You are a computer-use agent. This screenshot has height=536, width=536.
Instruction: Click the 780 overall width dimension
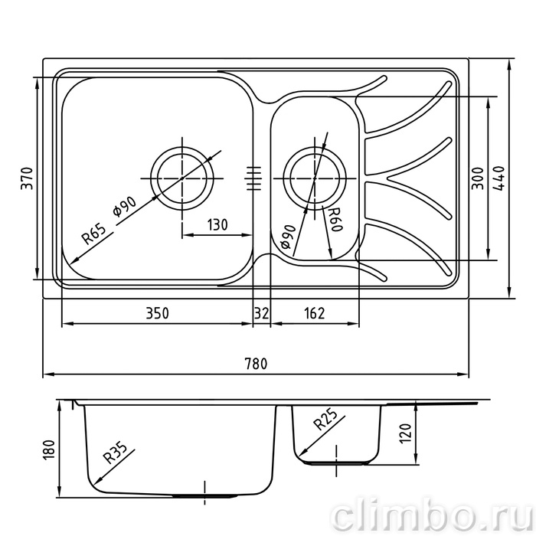[x=256, y=364]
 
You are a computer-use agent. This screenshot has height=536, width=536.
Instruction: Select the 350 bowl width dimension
[x=157, y=313]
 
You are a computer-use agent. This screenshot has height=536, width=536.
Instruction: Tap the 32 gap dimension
[x=262, y=313]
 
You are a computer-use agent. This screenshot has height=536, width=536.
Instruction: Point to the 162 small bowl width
[x=314, y=313]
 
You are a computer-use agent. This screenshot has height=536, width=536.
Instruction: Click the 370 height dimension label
[x=27, y=178]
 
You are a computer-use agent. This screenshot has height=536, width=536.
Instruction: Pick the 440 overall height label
[x=499, y=178]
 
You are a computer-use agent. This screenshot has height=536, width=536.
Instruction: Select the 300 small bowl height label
[x=478, y=178]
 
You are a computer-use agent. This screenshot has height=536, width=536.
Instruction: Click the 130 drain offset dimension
[x=217, y=225]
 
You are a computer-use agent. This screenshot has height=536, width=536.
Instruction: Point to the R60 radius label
[x=335, y=220]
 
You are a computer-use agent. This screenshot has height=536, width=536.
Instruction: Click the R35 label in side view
[x=115, y=453]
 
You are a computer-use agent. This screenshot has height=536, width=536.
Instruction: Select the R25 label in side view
[x=325, y=419]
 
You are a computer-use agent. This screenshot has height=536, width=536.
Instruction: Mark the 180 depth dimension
[x=50, y=449]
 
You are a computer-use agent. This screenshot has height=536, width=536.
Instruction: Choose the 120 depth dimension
[x=405, y=434]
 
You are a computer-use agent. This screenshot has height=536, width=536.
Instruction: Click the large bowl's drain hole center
[x=182, y=178]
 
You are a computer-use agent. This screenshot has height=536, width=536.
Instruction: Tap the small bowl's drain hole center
[x=315, y=178]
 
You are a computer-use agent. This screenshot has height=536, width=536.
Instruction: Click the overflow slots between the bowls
[x=253, y=178]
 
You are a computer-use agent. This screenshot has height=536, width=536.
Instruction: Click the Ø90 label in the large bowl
[x=124, y=208]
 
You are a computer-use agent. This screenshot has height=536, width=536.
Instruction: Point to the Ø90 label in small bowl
[x=287, y=237]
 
